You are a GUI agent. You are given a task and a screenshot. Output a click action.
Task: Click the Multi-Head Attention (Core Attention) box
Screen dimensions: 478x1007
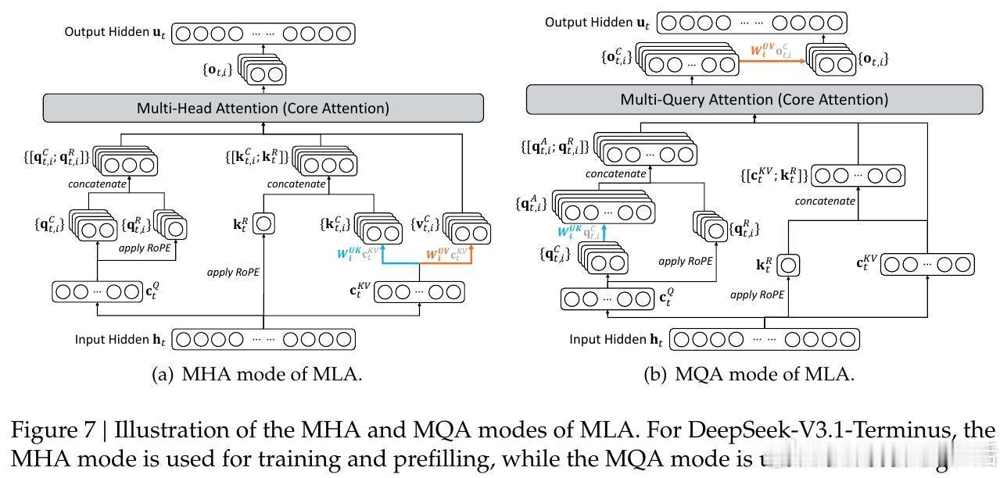point(263,108)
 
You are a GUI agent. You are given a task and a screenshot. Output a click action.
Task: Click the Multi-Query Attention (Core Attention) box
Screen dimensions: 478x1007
point(754,99)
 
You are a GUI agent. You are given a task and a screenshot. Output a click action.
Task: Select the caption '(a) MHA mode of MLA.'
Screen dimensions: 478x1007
point(256,374)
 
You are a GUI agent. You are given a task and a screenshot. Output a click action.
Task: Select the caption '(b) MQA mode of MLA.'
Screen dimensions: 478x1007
point(748,374)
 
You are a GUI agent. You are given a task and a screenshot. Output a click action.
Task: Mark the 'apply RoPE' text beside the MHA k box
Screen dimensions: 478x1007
point(233,273)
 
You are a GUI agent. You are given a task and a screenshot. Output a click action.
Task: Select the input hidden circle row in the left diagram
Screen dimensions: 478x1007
point(263,340)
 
